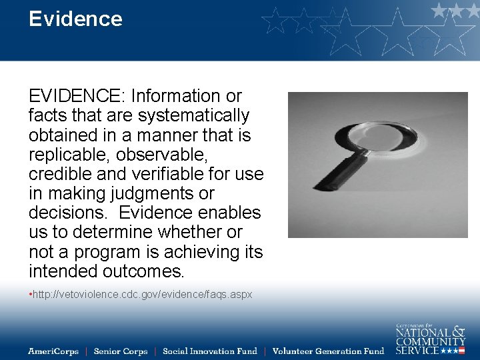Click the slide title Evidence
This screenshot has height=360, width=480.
[x=75, y=19]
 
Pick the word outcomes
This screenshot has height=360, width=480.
[x=144, y=272]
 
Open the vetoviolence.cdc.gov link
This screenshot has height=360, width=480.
[x=142, y=294]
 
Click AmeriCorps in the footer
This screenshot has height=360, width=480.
[x=53, y=351]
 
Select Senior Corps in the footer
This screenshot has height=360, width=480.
[x=120, y=351]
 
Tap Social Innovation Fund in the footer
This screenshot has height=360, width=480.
[x=210, y=351]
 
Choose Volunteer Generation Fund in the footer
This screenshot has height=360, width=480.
[x=329, y=351]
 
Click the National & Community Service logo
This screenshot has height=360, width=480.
[x=430, y=339]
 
